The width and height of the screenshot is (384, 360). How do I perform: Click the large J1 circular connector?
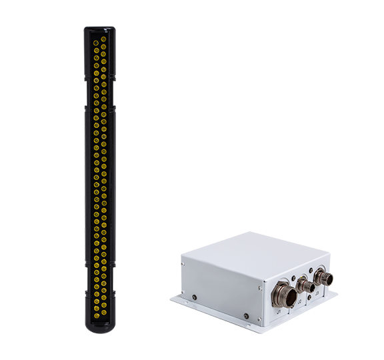pyautogui.click(x=279, y=291)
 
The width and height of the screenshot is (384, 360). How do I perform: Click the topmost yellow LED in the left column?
pyautogui.click(x=95, y=35)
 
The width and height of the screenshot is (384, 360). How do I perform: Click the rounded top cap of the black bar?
pyautogui.click(x=99, y=29)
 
